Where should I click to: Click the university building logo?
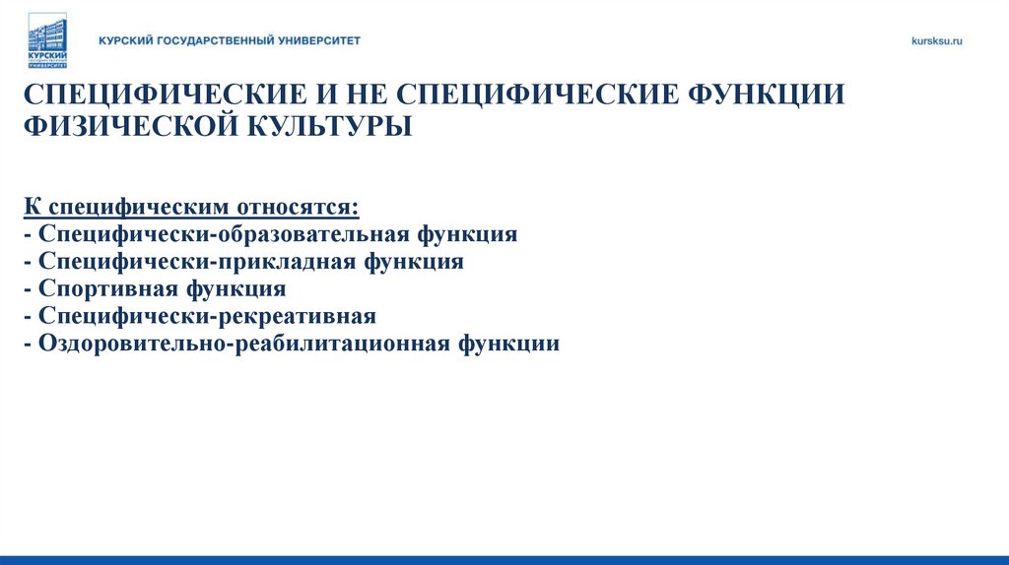point(46,40)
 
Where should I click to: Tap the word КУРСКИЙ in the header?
point(125,40)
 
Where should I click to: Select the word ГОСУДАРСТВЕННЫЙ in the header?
point(214,40)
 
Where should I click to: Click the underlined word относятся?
point(298,208)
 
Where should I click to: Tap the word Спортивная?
point(106,289)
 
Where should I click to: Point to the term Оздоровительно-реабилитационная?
point(243,344)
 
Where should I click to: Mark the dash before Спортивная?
point(27,289)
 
